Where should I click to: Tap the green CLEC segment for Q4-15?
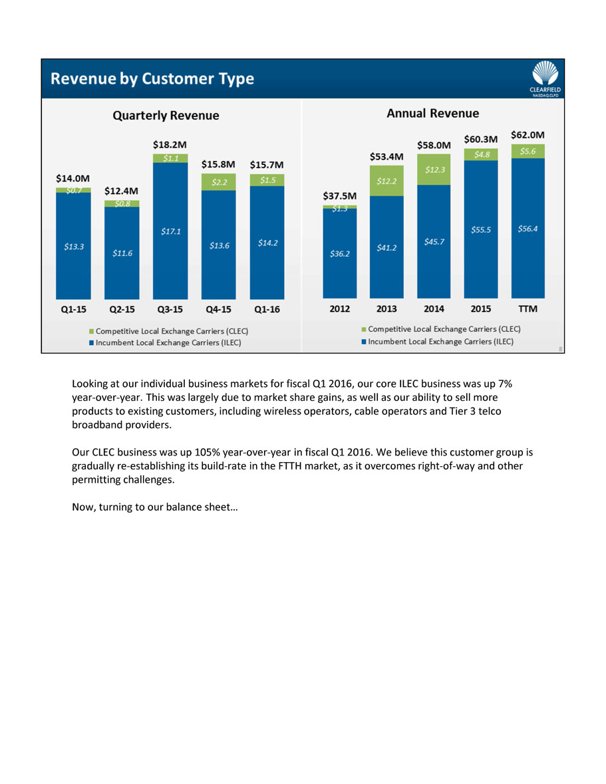(x=219, y=181)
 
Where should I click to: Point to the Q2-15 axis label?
(x=122, y=310)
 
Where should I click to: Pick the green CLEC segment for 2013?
(x=386, y=180)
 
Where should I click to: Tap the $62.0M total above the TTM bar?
(x=528, y=134)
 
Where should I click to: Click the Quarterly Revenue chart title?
(x=166, y=116)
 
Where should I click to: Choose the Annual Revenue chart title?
(x=432, y=114)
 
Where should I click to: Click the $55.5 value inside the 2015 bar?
(x=481, y=229)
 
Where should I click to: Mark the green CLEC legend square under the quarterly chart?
(x=91, y=330)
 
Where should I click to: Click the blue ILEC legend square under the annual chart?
(x=363, y=342)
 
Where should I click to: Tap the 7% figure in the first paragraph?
(x=504, y=384)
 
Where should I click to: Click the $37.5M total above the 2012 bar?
(x=339, y=196)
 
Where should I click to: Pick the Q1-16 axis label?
(x=267, y=310)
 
